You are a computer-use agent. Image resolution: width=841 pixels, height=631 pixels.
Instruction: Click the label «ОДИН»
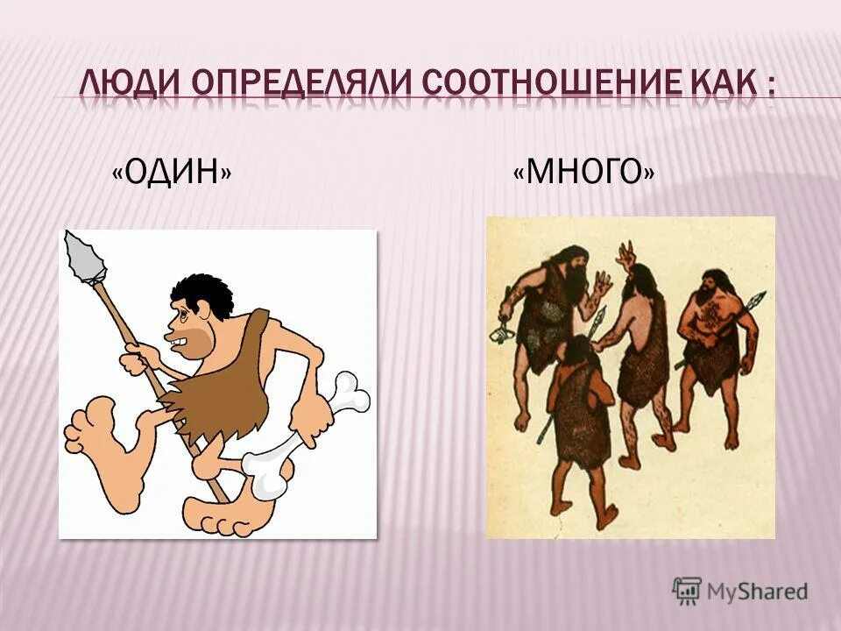(173, 173)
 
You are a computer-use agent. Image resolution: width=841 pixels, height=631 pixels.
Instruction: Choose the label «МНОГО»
(583, 173)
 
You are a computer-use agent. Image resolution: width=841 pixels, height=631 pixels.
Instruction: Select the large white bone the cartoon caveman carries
(298, 438)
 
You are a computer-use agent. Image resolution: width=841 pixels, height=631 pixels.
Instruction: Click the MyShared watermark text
(756, 592)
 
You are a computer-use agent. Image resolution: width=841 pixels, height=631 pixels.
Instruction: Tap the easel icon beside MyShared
(687, 591)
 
